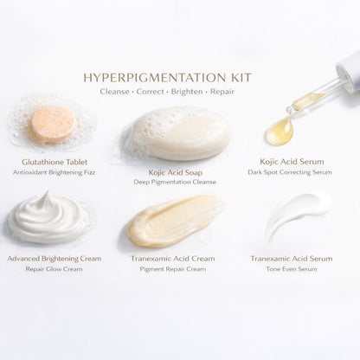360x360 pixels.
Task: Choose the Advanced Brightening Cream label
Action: point(54,258)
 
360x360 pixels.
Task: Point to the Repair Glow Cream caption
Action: point(54,269)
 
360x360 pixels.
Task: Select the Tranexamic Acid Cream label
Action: point(178,258)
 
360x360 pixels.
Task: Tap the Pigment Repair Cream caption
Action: point(178,269)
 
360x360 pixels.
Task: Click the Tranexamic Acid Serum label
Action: point(299,258)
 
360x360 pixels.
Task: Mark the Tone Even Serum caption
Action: point(299,269)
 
